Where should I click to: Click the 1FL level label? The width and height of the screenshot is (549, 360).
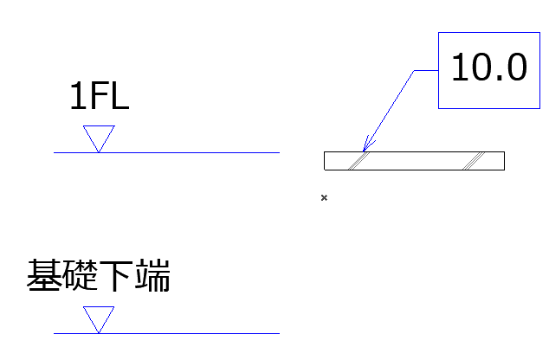(x=100, y=96)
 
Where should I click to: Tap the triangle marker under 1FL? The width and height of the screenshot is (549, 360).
(x=99, y=138)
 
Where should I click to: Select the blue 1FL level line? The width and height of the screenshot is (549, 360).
(x=166, y=152)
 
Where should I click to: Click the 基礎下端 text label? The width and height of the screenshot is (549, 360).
(x=99, y=275)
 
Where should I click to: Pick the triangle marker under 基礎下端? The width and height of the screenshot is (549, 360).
(x=99, y=320)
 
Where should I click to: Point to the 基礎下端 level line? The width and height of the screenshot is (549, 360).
(x=166, y=333)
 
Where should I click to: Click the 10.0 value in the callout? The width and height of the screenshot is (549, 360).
(x=489, y=67)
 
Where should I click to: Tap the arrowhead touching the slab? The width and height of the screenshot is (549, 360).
(x=367, y=145)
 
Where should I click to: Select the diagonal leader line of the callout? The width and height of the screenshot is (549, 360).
(x=389, y=111)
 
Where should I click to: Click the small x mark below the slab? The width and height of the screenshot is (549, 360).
(x=324, y=197)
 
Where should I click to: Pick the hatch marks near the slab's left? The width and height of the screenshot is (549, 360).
(x=358, y=161)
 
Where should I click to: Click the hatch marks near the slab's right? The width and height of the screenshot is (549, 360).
(x=474, y=161)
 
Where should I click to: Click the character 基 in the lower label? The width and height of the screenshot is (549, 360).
(x=44, y=275)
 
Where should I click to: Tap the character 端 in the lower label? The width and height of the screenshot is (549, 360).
(x=152, y=275)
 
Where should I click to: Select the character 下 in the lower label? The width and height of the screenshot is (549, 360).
(x=117, y=275)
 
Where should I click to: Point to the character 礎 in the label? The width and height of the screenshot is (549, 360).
(x=81, y=275)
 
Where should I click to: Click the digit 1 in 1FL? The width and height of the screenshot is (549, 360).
(x=77, y=96)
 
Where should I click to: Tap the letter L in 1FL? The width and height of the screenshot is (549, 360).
(x=119, y=96)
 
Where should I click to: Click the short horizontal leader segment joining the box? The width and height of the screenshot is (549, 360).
(x=426, y=70)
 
